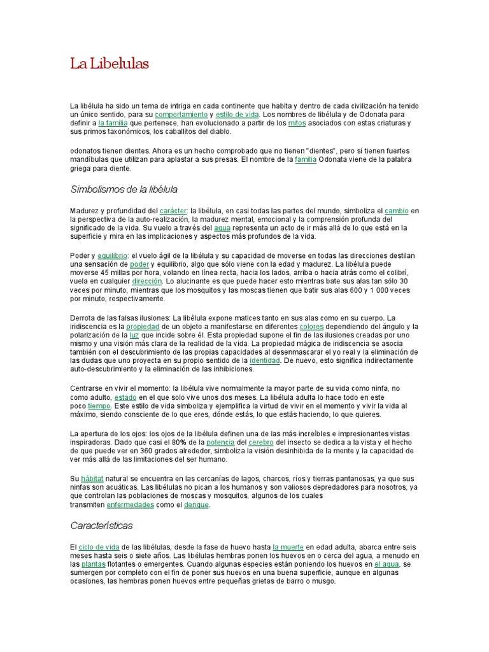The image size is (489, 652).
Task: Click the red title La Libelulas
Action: pyautogui.click(x=109, y=64)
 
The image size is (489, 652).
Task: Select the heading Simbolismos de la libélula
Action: pyautogui.click(x=124, y=190)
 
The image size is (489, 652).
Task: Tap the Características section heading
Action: pyautogui.click(x=101, y=526)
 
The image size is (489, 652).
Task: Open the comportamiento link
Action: pyautogui.click(x=182, y=114)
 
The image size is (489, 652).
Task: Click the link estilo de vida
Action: pyautogui.click(x=237, y=114)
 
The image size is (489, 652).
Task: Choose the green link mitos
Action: pyautogui.click(x=297, y=123)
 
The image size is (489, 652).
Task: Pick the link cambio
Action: pyautogui.click(x=397, y=210)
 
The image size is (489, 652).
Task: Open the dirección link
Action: pyautogui.click(x=148, y=281)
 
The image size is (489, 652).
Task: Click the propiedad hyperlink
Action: pyautogui.click(x=142, y=326)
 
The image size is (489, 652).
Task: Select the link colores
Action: pyautogui.click(x=312, y=326)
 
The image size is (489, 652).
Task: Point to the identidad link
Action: pyautogui.click(x=265, y=361)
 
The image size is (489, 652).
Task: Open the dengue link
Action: pyautogui.click(x=196, y=504)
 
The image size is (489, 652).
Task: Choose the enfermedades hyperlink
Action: pyautogui.click(x=131, y=504)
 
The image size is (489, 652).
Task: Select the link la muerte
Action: pyautogui.click(x=288, y=546)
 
